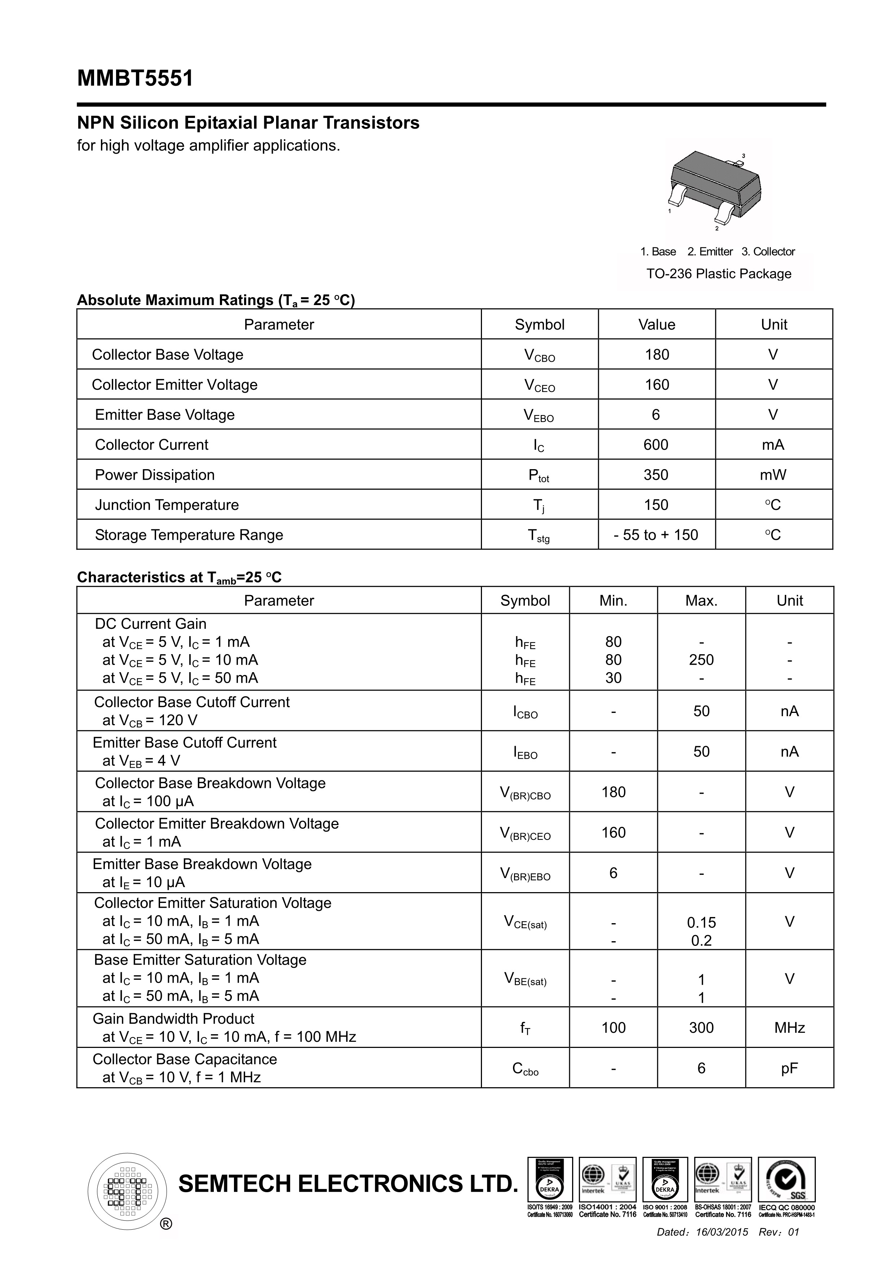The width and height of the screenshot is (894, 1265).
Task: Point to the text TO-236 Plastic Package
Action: [718, 274]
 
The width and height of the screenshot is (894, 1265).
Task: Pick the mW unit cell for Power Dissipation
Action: [773, 475]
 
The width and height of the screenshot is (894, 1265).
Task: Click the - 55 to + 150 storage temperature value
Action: [655, 535]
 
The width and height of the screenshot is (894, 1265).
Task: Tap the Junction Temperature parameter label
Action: [167, 505]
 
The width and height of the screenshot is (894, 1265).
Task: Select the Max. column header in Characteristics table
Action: [701, 600]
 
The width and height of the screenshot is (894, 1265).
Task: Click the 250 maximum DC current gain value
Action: [701, 660]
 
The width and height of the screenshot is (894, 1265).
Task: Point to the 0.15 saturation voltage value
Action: [701, 922]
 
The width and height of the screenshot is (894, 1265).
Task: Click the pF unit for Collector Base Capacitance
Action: [789, 1068]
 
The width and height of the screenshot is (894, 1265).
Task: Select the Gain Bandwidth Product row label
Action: [173, 1019]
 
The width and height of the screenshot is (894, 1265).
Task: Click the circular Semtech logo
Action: [127, 1192]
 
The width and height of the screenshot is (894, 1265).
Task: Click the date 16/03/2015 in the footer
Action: [722, 1232]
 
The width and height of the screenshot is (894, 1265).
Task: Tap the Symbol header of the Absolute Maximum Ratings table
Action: [539, 325]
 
